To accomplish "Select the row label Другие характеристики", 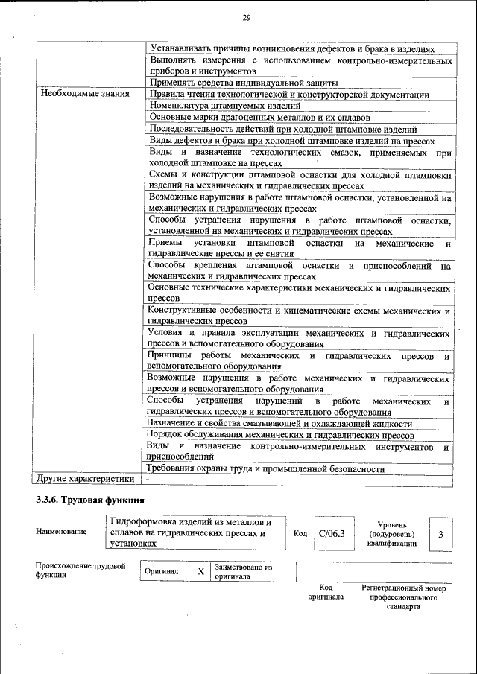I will pyautogui.click(x=85, y=480).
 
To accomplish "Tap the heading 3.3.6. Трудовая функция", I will pyautogui.click(x=90, y=500).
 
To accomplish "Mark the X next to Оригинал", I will pyautogui.click(x=200, y=571).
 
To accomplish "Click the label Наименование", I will pyautogui.click(x=60, y=532).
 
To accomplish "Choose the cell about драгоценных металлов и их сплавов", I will pyautogui.click(x=256, y=117).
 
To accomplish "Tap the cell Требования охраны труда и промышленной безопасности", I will pyautogui.click(x=266, y=468).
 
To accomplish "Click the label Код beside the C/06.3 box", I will pyautogui.click(x=300, y=534).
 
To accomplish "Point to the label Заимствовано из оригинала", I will pyautogui.click(x=243, y=572).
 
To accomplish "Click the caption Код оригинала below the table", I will pyautogui.click(x=326, y=592).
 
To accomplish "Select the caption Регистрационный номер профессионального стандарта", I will pyautogui.click(x=403, y=597).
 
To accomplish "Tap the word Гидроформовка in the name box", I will pyautogui.click(x=142, y=522).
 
